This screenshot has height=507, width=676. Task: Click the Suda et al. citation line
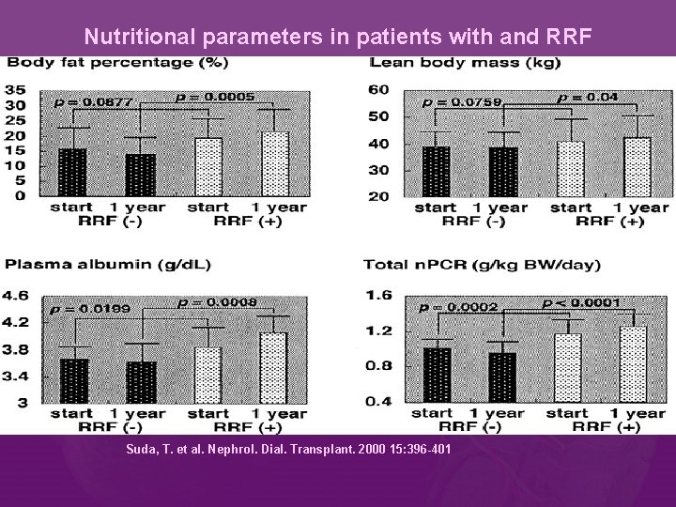coord(288,450)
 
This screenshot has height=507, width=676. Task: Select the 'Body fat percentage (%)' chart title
coord(118,63)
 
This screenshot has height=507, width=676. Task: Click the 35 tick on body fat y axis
coord(16,89)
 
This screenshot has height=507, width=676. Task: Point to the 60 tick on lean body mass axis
coord(378,89)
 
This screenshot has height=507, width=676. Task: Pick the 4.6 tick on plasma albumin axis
coord(18,294)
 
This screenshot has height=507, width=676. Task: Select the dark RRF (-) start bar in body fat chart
coord(72,172)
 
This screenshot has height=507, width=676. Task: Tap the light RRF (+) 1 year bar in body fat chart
coord(275,163)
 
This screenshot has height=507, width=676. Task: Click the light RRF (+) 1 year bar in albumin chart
coord(272,367)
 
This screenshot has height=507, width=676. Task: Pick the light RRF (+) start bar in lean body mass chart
coord(571,169)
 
